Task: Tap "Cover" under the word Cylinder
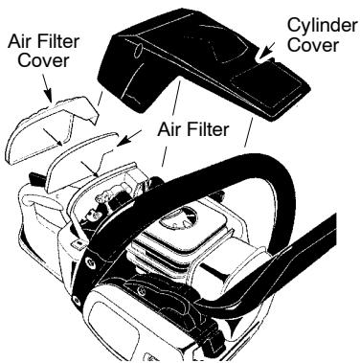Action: coord(313,43)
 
